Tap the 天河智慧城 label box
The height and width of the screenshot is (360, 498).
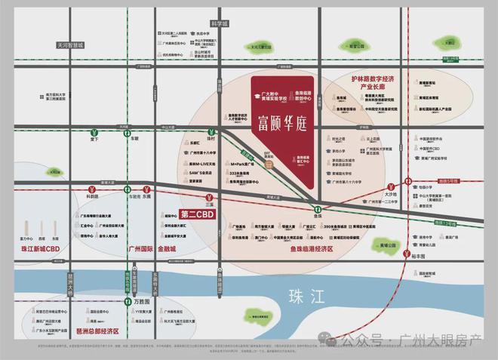(72, 45)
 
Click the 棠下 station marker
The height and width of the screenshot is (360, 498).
(94, 130)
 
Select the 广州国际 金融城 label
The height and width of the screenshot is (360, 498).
(152, 249)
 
